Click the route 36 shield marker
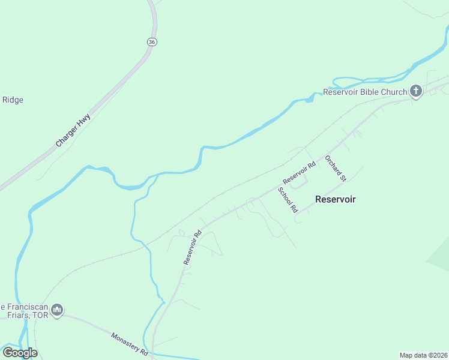pyautogui.click(x=151, y=41)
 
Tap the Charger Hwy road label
pyautogui.click(x=73, y=130)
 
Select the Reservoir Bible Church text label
pyautogui.click(x=365, y=92)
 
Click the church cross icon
pyautogui.click(x=416, y=92)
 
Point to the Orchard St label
pyautogui.click(x=336, y=168)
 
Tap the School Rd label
pyautogui.click(x=288, y=200)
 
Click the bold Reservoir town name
pyautogui.click(x=336, y=199)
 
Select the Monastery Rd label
pyautogui.click(x=129, y=344)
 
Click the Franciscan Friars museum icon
pyautogui.click(x=57, y=310)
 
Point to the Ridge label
pyautogui.click(x=13, y=100)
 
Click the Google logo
pyautogui.click(x=19, y=353)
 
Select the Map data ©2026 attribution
pyautogui.click(x=423, y=355)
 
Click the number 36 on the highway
pyautogui.click(x=151, y=41)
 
